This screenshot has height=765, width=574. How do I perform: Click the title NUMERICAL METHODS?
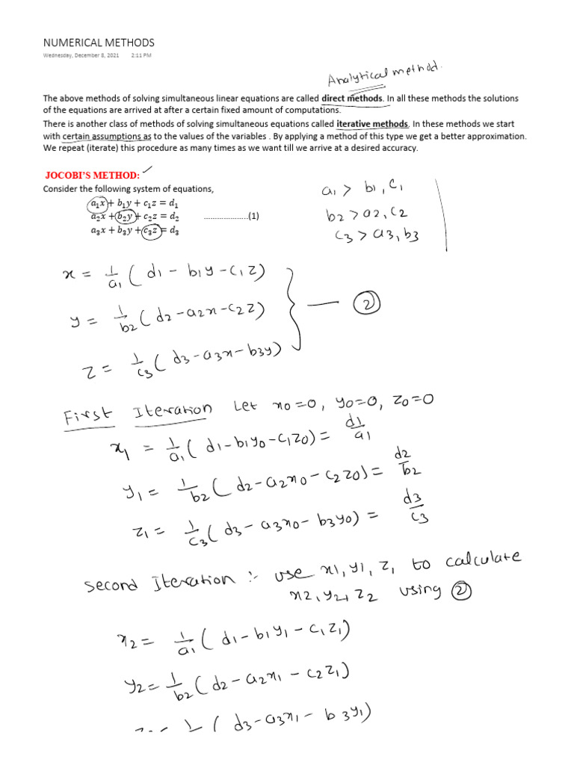click(x=99, y=43)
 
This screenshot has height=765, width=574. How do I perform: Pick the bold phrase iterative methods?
click(x=372, y=124)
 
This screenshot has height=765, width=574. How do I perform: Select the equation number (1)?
click(x=253, y=217)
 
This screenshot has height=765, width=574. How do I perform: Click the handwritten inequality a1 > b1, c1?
click(x=362, y=190)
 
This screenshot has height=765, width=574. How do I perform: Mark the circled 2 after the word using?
click(x=453, y=590)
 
